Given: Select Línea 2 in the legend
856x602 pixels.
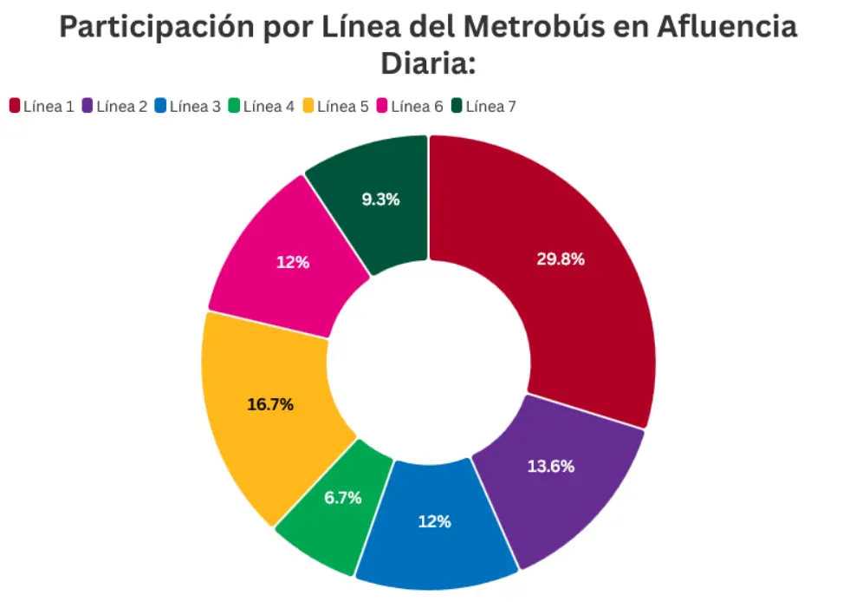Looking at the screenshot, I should tap(114, 107).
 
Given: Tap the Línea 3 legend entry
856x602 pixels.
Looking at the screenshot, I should tap(188, 107).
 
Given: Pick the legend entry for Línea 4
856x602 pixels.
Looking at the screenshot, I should tap(262, 107).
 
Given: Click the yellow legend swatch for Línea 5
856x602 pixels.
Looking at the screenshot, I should tap(308, 107).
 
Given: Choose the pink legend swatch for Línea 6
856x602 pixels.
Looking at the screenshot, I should tap(381, 107).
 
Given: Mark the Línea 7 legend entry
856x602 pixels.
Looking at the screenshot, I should tap(484, 107).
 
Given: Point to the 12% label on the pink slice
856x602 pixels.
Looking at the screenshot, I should tap(293, 262).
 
